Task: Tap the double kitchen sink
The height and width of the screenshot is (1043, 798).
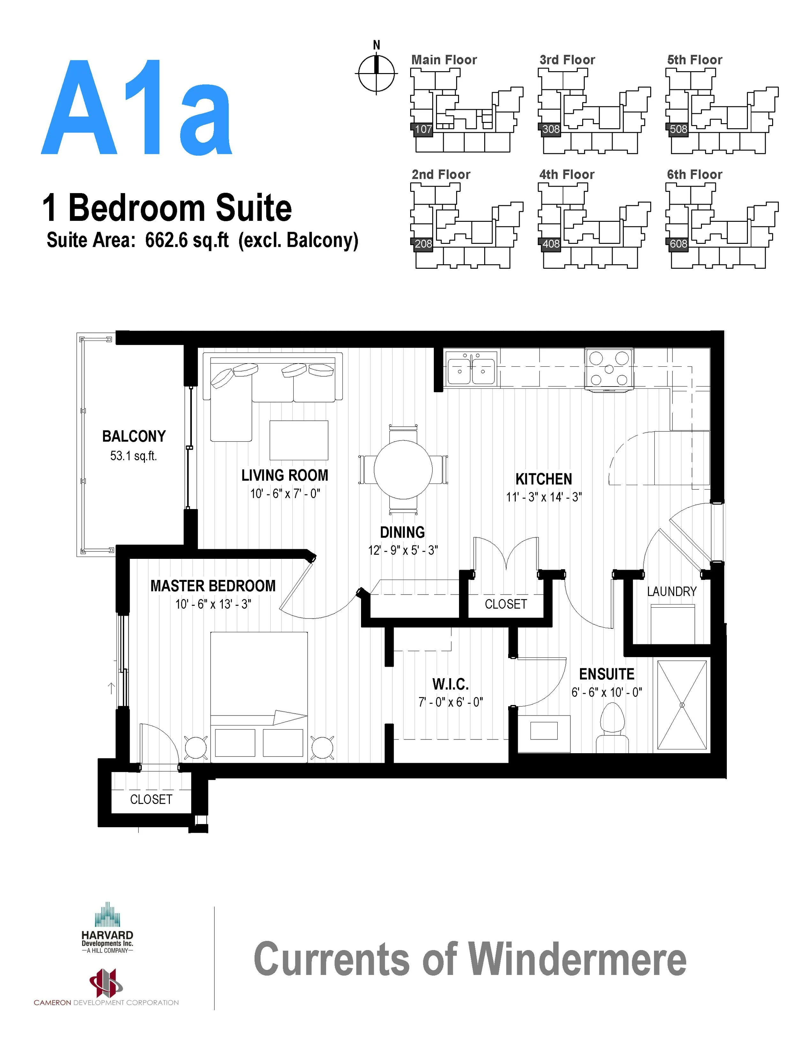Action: click(x=471, y=369)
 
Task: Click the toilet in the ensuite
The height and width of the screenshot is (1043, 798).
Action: click(x=612, y=728)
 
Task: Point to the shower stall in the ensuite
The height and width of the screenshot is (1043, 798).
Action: click(x=681, y=705)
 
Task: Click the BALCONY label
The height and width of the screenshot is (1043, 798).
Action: click(x=134, y=436)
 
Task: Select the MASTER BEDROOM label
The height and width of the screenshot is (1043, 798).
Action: click(x=213, y=586)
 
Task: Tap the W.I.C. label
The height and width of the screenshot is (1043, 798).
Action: click(x=450, y=684)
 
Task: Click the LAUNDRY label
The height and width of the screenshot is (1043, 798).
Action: click(x=671, y=591)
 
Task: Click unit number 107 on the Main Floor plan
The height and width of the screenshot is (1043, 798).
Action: click(x=423, y=129)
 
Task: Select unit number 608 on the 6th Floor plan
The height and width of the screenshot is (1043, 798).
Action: click(x=678, y=244)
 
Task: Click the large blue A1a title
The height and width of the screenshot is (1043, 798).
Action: click(x=137, y=108)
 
